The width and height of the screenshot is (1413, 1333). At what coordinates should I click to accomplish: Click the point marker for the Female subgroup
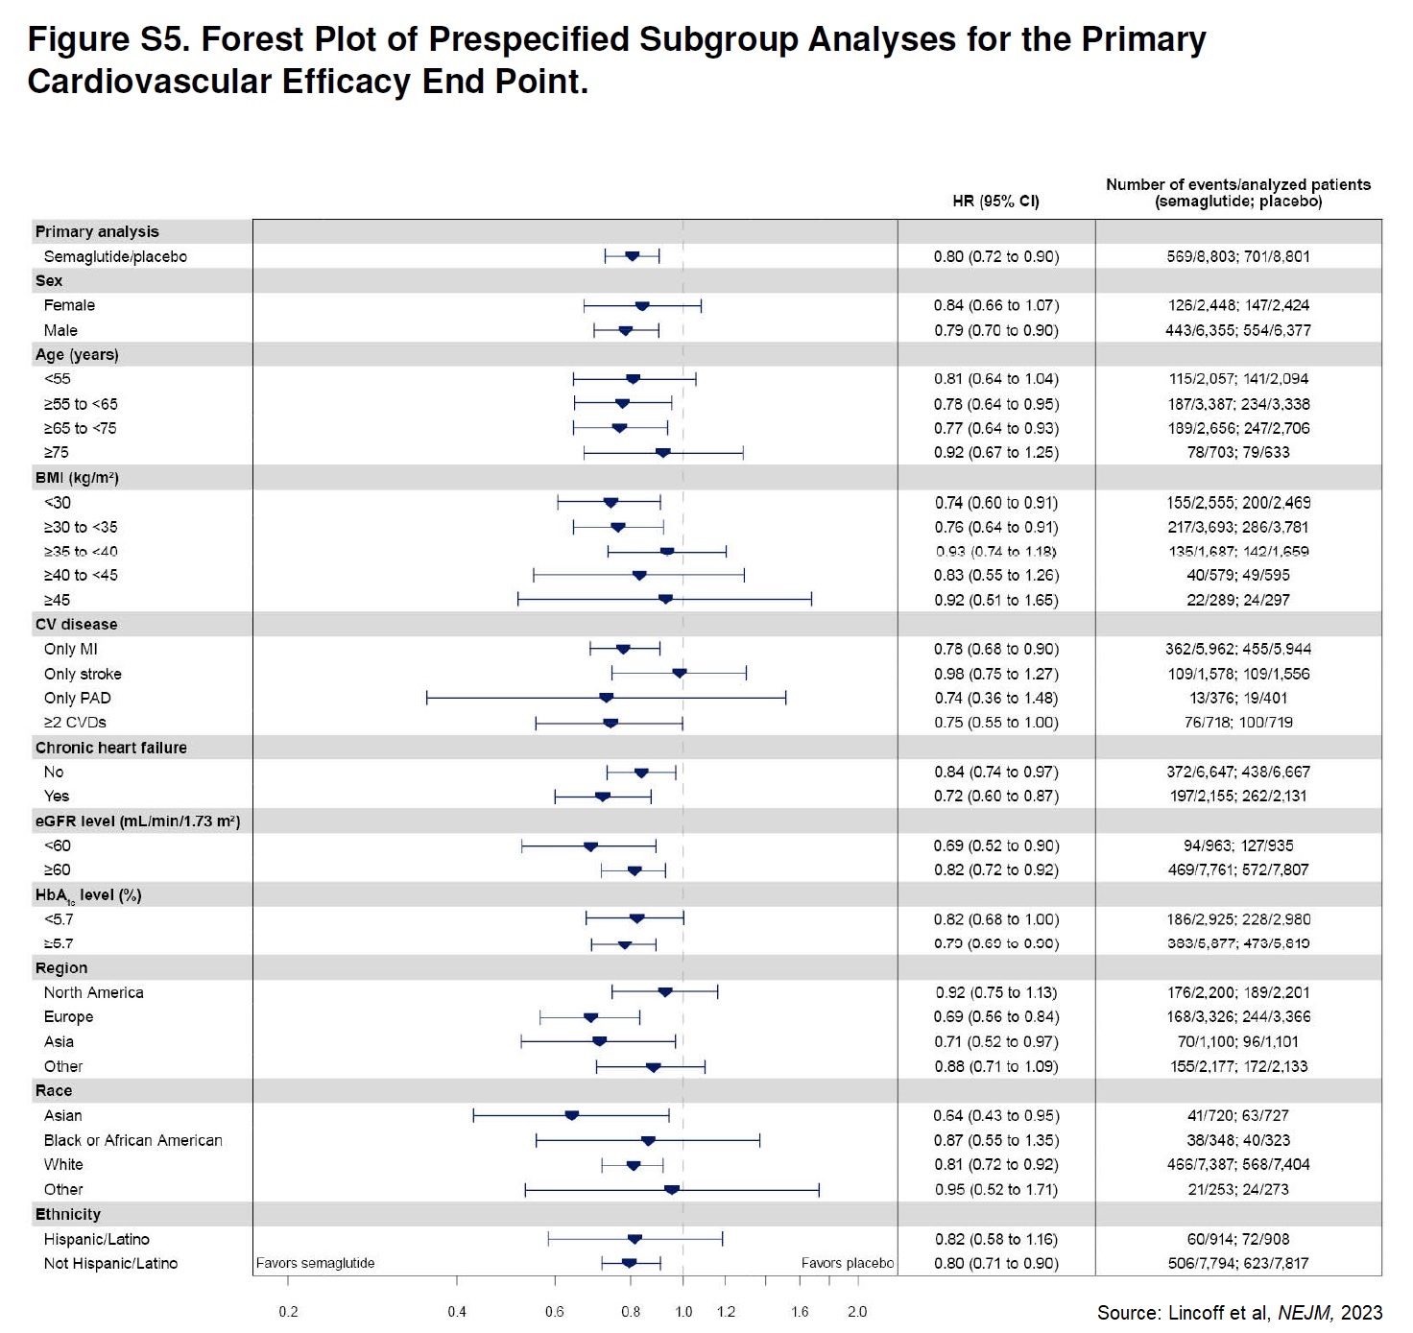[x=642, y=306]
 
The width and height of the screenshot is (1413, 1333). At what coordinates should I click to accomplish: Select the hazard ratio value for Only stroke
[x=996, y=674]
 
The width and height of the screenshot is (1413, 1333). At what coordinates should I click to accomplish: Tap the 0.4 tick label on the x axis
[x=457, y=1311]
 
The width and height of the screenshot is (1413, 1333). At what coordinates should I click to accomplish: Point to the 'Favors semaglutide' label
[x=316, y=1263]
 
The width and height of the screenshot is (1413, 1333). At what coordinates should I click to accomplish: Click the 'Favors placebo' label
[x=847, y=1263]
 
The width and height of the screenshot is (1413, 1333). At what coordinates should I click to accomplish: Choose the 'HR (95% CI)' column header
[x=995, y=201]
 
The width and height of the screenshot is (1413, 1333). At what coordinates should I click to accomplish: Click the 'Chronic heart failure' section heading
[x=111, y=748]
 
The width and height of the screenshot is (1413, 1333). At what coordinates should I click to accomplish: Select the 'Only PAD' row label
[x=78, y=698]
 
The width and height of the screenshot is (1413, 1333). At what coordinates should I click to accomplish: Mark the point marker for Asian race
[x=572, y=1115]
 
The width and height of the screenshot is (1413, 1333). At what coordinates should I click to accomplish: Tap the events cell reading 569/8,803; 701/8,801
[x=1238, y=256]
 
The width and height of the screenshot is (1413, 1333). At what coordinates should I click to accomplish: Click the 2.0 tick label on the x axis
[x=857, y=1311]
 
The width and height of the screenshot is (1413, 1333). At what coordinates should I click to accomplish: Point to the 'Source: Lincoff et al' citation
[x=1239, y=1312]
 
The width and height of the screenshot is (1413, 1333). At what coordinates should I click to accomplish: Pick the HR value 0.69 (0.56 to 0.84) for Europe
[x=996, y=1016]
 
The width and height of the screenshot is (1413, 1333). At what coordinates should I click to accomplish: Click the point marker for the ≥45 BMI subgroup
[x=665, y=600]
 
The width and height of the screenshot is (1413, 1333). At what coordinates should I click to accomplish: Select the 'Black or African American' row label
[x=133, y=1140]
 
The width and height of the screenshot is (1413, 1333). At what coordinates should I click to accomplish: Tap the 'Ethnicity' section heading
[x=68, y=1214]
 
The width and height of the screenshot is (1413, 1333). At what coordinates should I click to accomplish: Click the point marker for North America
[x=665, y=992]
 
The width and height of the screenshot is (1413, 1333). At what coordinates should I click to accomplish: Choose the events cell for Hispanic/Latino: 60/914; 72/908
[x=1238, y=1239]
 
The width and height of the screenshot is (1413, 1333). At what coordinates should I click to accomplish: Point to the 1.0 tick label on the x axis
[x=683, y=1311]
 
